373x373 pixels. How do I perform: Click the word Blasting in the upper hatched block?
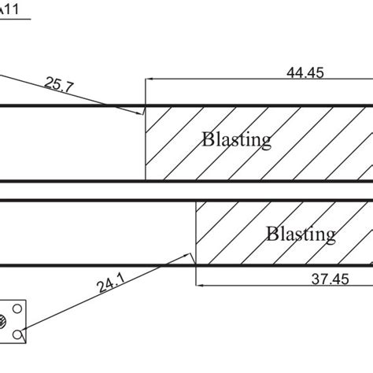click(x=236, y=140)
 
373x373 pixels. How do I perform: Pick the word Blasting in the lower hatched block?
click(x=301, y=234)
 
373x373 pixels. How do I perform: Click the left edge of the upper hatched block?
click(x=146, y=142)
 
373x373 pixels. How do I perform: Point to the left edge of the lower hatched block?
click(x=195, y=232)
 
